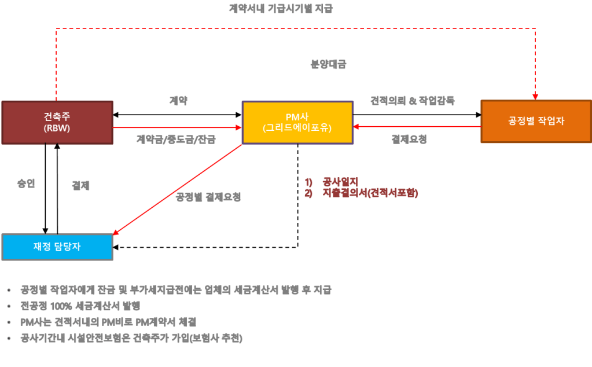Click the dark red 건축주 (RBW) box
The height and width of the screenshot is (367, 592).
tap(57, 122)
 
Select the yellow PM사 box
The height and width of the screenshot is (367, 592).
tap(297, 122)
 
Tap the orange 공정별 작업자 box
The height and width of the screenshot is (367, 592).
tap(536, 121)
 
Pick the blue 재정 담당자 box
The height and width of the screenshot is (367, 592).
tap(57, 247)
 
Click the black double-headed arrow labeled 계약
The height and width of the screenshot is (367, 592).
tap(177, 114)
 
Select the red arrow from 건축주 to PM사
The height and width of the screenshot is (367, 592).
tap(177, 127)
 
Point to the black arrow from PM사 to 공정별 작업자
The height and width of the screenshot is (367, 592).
tap(417, 114)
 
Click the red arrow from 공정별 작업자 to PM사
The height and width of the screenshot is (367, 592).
tap(417, 127)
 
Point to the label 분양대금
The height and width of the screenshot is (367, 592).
tap(328, 65)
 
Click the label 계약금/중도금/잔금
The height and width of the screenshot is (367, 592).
tap(176, 140)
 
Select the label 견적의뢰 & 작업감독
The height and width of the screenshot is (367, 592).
tap(413, 101)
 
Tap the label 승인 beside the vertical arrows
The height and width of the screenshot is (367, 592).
tap(26, 183)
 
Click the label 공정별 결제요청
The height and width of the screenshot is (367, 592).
tap(208, 197)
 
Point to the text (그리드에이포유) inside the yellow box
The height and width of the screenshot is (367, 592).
tap(297, 127)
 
